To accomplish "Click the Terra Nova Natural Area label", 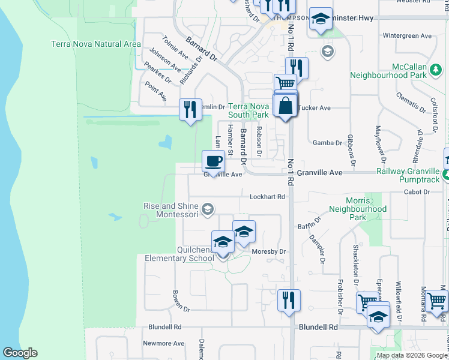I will pyautogui.click(x=96, y=44).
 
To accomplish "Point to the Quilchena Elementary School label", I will pyautogui.click(x=179, y=254).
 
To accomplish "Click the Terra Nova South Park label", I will pyautogui.click(x=248, y=110).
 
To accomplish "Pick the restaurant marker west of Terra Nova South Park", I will pyautogui.click(x=190, y=109).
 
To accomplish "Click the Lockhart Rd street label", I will pyautogui.click(x=268, y=196).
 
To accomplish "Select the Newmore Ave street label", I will pyautogui.click(x=163, y=344).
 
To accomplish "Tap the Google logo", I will pyautogui.click(x=20, y=353).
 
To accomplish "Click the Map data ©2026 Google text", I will pyautogui.click(x=412, y=355).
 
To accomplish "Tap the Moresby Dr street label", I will pyautogui.click(x=270, y=252).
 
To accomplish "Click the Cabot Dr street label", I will pyautogui.click(x=418, y=192).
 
